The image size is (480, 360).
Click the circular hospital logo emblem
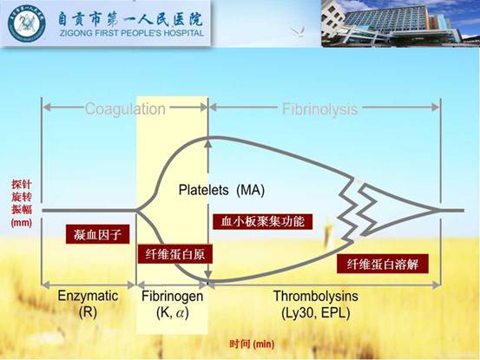pos(27,23)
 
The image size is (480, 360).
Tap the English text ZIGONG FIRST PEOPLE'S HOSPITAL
pos(132,33)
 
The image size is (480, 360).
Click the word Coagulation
pos(125,109)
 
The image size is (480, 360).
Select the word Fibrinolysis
pos(319,109)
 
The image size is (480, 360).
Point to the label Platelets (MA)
pos(221,190)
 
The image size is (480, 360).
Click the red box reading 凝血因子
pos(98,234)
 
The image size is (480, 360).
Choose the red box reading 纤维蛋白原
pos(175,254)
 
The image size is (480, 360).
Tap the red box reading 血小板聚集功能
pos(263,221)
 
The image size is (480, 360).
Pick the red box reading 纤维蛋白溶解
pos(382,264)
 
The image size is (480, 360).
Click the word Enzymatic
pos(88,296)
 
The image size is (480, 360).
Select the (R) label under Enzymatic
pos(88,312)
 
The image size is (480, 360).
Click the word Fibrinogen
pos(173,296)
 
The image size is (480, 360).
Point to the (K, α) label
pos(173,312)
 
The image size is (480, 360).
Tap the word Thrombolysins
pos(316,296)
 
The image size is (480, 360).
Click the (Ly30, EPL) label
pos(316,312)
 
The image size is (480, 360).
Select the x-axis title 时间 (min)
pos(252,344)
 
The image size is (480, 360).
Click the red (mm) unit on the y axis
pos(22,222)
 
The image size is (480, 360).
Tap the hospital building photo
pos(400,23)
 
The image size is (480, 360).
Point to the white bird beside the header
pos(298,31)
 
